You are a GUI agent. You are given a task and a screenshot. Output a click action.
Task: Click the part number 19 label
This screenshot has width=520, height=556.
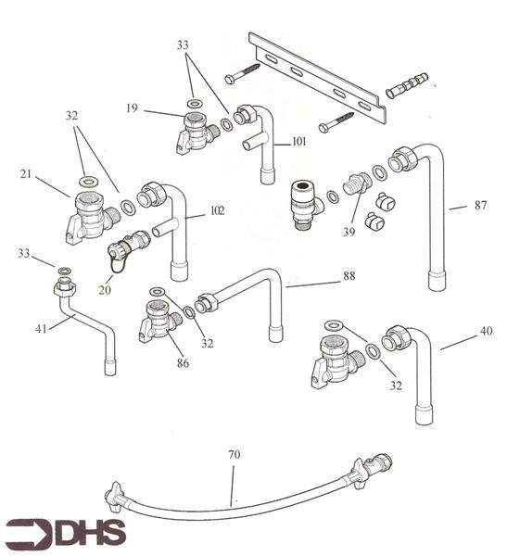[x=132, y=108]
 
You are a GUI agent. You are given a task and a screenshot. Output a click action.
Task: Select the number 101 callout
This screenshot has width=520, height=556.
[x=298, y=143]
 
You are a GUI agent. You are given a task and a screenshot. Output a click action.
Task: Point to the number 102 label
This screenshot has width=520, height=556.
[x=216, y=210]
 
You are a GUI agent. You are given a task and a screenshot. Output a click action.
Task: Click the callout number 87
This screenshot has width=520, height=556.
[x=480, y=205]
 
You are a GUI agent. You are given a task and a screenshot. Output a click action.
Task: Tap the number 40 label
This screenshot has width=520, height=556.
[x=487, y=331]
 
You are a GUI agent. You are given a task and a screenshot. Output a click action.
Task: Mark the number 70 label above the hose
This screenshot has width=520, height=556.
[x=234, y=454]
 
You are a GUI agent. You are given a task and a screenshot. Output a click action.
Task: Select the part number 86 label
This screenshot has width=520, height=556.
[x=183, y=363]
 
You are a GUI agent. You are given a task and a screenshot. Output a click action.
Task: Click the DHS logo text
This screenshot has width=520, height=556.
[x=88, y=533]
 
